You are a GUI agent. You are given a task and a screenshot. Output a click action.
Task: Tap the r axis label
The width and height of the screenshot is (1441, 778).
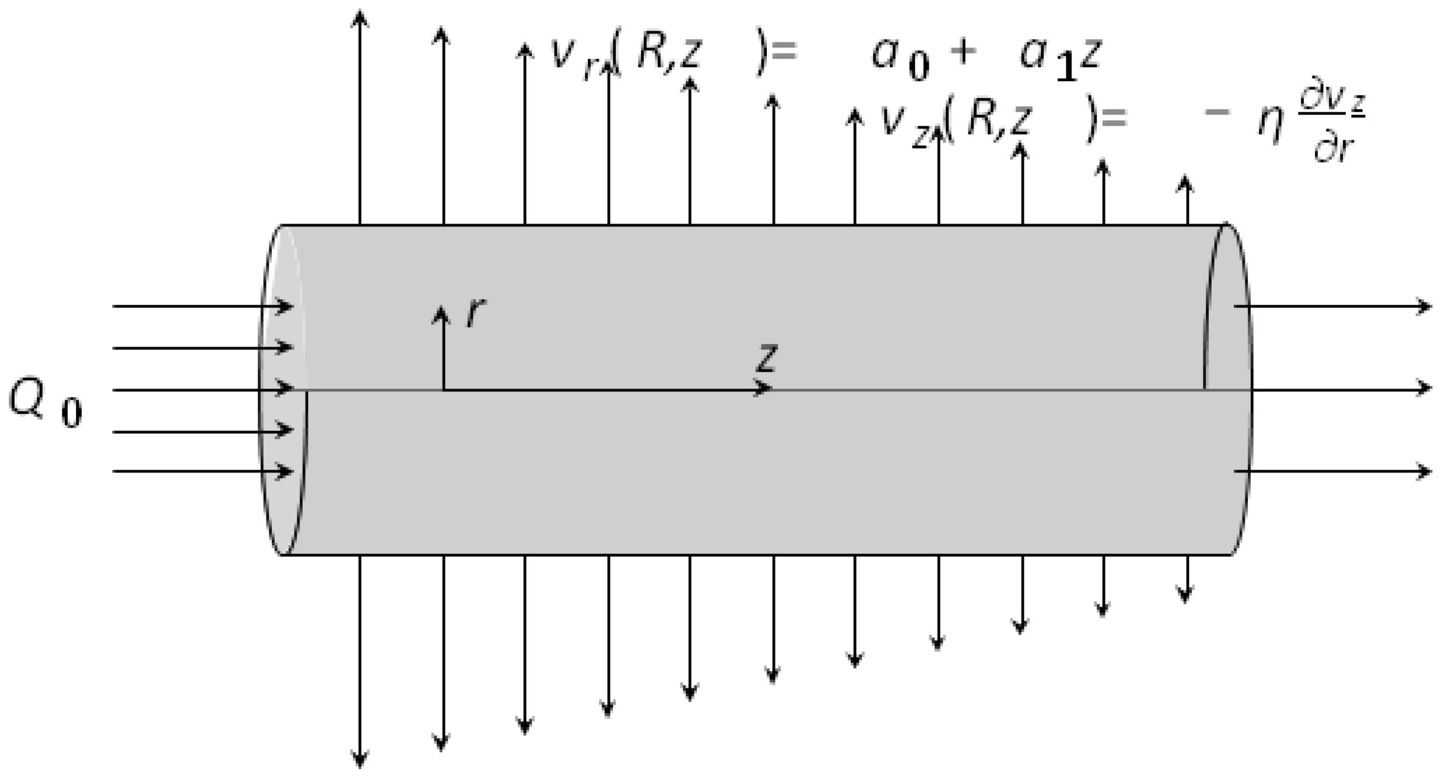476,312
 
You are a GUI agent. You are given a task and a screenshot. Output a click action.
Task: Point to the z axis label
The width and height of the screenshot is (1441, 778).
767,357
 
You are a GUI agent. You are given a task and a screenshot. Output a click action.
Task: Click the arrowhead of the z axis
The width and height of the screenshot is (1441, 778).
765,389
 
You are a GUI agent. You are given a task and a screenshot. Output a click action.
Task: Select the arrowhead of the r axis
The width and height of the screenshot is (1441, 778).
440,312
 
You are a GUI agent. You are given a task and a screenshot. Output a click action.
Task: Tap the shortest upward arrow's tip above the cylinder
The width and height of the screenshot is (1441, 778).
1185,180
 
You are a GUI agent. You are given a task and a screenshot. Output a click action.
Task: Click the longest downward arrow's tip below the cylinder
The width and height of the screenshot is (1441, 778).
359,763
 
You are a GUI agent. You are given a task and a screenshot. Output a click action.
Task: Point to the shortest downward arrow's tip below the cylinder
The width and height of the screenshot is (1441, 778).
1185,597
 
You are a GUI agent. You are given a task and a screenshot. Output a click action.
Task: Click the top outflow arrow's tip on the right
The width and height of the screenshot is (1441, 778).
1426,306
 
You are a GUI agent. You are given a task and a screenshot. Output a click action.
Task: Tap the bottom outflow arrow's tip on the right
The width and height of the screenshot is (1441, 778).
1426,472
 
